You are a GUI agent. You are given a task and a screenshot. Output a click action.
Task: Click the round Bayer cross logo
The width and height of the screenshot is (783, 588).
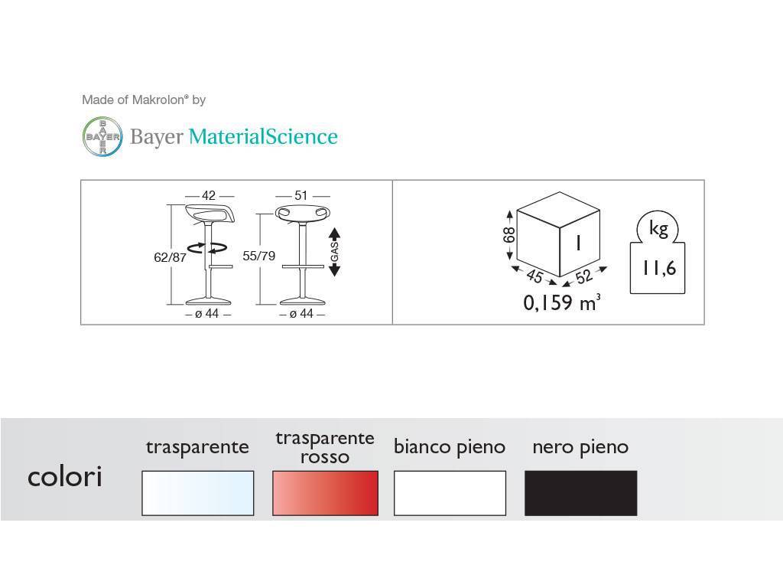tap(102, 136)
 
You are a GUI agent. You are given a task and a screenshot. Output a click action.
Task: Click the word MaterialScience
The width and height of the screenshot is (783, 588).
tap(263, 136)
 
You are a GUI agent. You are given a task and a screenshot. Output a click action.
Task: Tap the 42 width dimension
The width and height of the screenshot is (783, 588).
tap(209, 195)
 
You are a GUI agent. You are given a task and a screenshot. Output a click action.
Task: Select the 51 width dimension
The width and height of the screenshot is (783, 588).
tap(301, 195)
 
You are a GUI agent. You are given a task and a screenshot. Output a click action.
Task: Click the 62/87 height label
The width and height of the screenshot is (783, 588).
tap(170, 257)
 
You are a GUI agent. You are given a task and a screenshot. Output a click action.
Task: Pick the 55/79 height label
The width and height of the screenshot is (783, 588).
tap(258, 256)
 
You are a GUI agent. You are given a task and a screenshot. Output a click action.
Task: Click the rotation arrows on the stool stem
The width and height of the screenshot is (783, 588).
tap(207, 247)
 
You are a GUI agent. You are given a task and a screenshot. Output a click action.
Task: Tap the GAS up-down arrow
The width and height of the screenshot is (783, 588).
tap(335, 252)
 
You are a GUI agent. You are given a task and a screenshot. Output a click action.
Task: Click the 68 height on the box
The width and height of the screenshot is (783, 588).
tap(508, 235)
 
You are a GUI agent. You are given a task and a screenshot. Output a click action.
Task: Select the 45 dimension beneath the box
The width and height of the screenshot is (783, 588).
tap(534, 276)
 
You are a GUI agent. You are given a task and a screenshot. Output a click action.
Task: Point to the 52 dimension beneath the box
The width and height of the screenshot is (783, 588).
tap(583, 276)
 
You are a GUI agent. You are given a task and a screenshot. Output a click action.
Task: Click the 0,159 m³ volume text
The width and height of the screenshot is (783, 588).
tap(562, 303)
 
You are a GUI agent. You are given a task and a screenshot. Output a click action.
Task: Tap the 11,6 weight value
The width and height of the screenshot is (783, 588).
tap(659, 269)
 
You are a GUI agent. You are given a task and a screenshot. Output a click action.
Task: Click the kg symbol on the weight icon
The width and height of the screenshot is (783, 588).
tap(658, 228)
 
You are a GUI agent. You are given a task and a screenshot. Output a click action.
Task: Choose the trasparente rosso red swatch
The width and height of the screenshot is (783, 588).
tap(325, 493)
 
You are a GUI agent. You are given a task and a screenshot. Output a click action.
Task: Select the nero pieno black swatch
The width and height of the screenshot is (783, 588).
tap(581, 493)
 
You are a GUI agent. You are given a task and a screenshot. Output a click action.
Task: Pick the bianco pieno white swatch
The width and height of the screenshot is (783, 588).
tap(450, 493)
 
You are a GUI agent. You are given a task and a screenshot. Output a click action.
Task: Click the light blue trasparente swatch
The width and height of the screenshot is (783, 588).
tap(198, 493)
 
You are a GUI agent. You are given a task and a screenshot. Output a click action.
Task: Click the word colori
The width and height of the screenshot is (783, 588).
tap(65, 476)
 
